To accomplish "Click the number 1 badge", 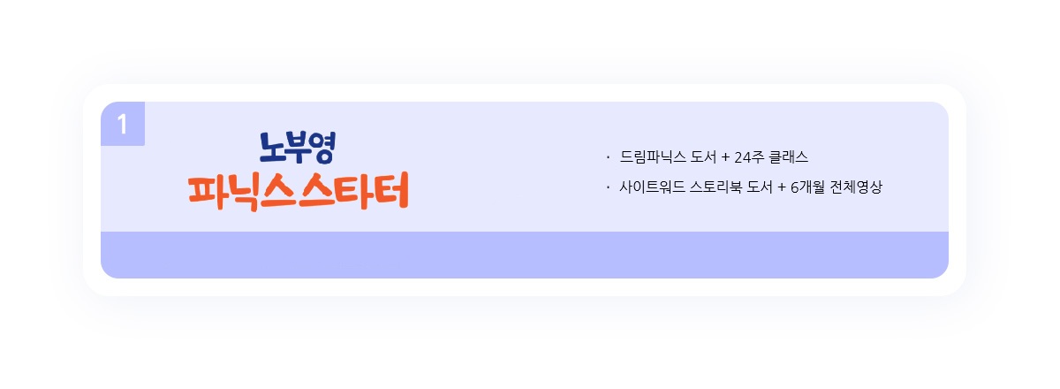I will coord(123,124).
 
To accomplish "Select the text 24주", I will coord(749,157).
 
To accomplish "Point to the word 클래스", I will coord(789,157).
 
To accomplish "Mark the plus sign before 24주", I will coord(725,158).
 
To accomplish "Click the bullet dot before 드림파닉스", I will coord(608,157).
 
